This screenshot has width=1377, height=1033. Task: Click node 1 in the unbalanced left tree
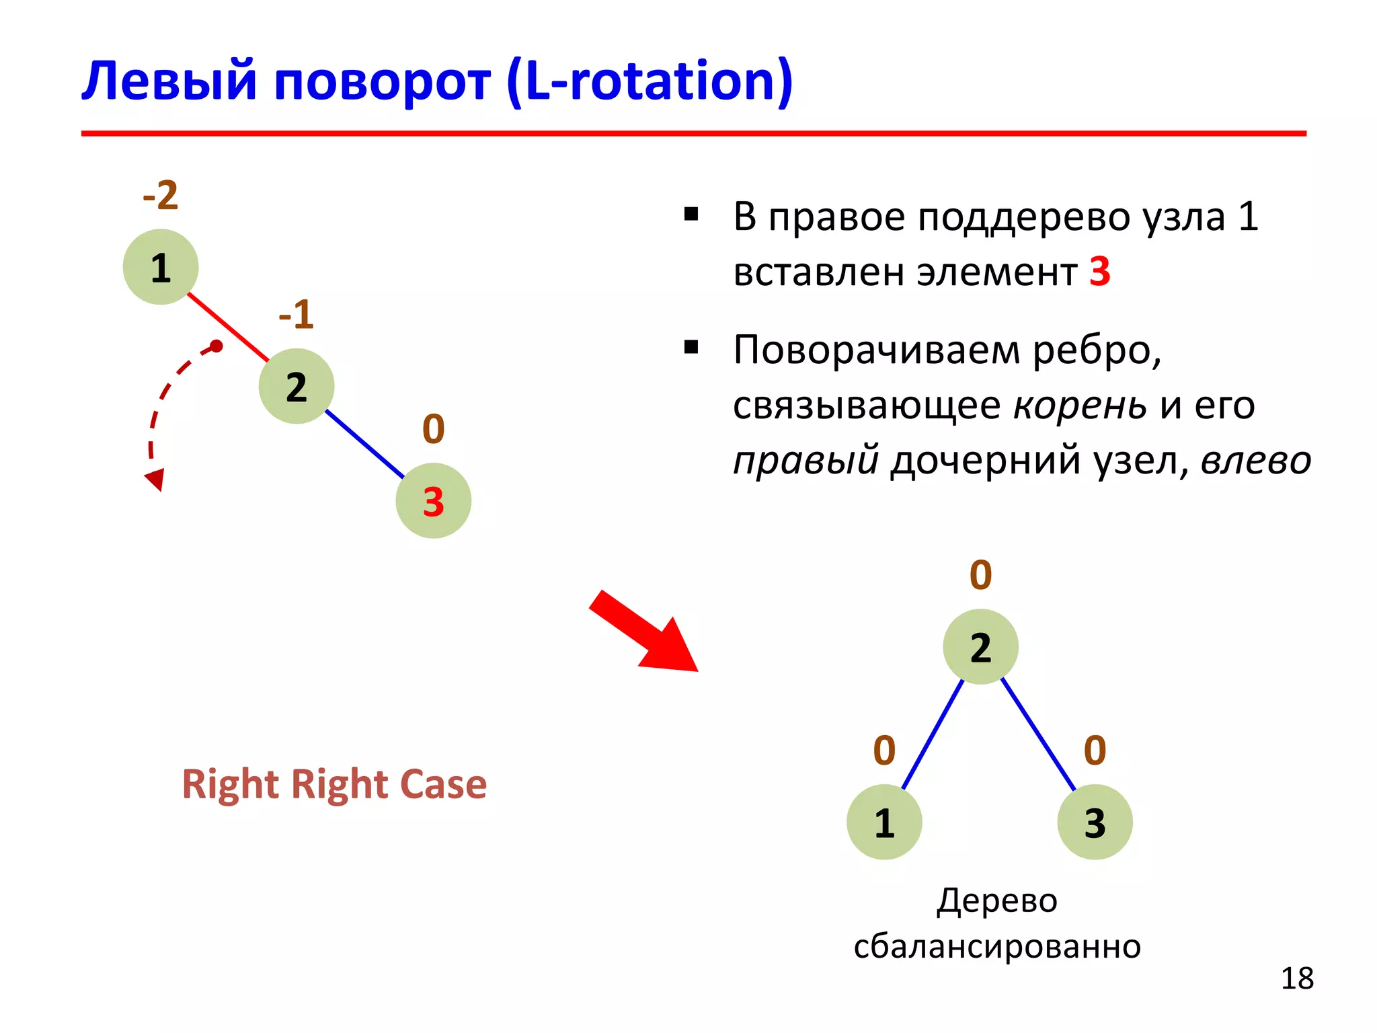pyautogui.click(x=161, y=267)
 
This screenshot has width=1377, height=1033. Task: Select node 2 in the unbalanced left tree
pyautogui.click(x=297, y=386)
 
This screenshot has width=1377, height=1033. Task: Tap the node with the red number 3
pyautogui.click(x=433, y=500)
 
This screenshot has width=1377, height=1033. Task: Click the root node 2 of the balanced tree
pyautogui.click(x=980, y=646)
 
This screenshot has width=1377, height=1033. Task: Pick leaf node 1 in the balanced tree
pyautogui.click(x=884, y=822)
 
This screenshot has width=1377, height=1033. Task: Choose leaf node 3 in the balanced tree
pyautogui.click(x=1095, y=822)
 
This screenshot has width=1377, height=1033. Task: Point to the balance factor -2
pyautogui.click(x=161, y=196)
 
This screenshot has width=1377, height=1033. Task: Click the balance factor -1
pyautogui.click(x=297, y=314)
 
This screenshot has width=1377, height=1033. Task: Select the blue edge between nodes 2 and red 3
pyautogui.click(x=364, y=444)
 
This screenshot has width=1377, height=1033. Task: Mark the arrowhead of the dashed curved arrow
pyautogui.click(x=155, y=479)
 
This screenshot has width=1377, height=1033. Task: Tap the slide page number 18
pyautogui.click(x=1296, y=979)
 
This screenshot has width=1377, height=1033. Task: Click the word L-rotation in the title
pyautogui.click(x=649, y=81)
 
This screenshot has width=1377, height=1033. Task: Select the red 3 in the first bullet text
pyautogui.click(x=1099, y=272)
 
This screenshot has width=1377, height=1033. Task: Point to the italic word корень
pyautogui.click(x=1080, y=406)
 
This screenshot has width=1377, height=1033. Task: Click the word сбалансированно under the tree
pyautogui.click(x=997, y=946)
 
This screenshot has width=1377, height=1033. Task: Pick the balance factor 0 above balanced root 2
pyautogui.click(x=980, y=575)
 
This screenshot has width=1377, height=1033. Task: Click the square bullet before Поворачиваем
pyautogui.click(x=691, y=348)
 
